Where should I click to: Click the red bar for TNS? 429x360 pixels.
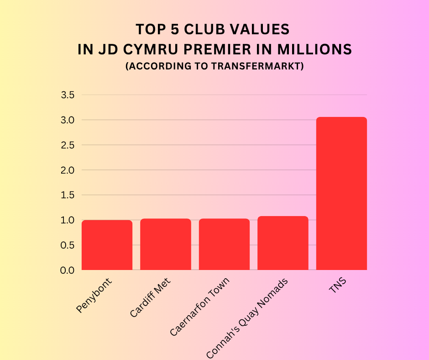(341, 194)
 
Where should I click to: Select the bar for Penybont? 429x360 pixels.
(107, 245)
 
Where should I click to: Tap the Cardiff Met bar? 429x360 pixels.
(165, 244)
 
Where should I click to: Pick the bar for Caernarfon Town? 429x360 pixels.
(224, 244)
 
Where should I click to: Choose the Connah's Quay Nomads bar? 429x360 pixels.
(283, 243)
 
